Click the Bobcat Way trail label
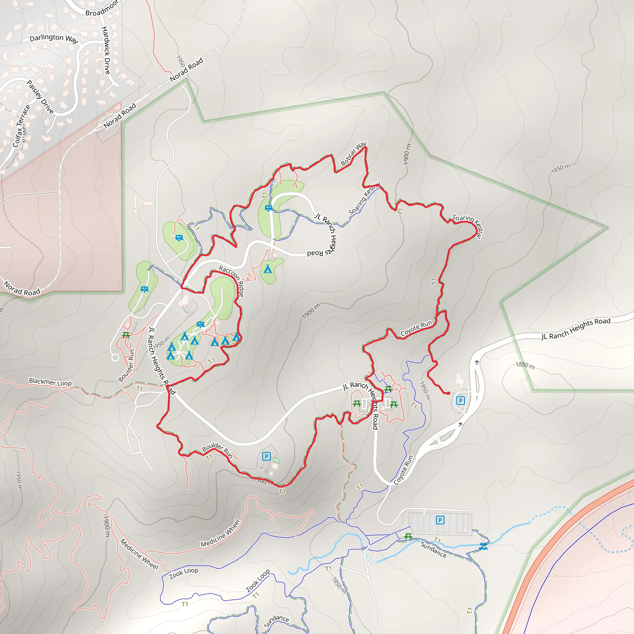[354, 154]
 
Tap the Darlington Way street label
[54, 38]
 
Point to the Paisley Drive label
[40, 97]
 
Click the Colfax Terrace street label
[21, 126]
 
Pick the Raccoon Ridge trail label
[232, 280]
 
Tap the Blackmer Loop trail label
[50, 382]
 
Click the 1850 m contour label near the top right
[561, 168]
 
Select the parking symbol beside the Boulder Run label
[267, 456]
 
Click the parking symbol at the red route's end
[461, 400]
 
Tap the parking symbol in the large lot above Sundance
[440, 520]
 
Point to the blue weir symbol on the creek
[483, 546]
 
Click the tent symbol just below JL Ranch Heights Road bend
[268, 269]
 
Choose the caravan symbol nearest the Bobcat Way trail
[268, 208]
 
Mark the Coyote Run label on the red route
[416, 328]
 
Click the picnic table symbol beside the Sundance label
[408, 536]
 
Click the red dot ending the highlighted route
[448, 393]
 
